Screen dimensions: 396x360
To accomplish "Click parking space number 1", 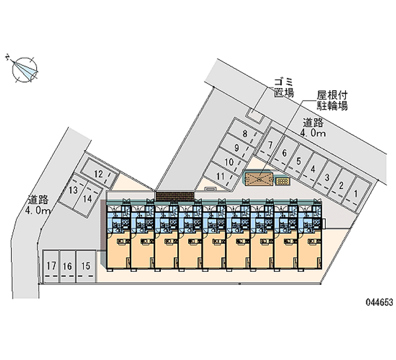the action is point(355,194).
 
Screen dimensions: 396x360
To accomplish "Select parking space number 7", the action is point(270,146).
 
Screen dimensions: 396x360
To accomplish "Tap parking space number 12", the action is point(99,173).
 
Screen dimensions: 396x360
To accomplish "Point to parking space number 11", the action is point(221,176).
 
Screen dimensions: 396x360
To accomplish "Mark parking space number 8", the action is point(245,133).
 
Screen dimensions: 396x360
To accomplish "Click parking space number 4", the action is point(313,169).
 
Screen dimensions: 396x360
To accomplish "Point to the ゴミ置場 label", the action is point(284,87).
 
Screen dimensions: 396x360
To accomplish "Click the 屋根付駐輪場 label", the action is point(332,100).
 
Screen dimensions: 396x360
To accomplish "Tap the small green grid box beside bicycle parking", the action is point(283,182).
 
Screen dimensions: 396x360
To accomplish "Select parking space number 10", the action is point(229,162).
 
